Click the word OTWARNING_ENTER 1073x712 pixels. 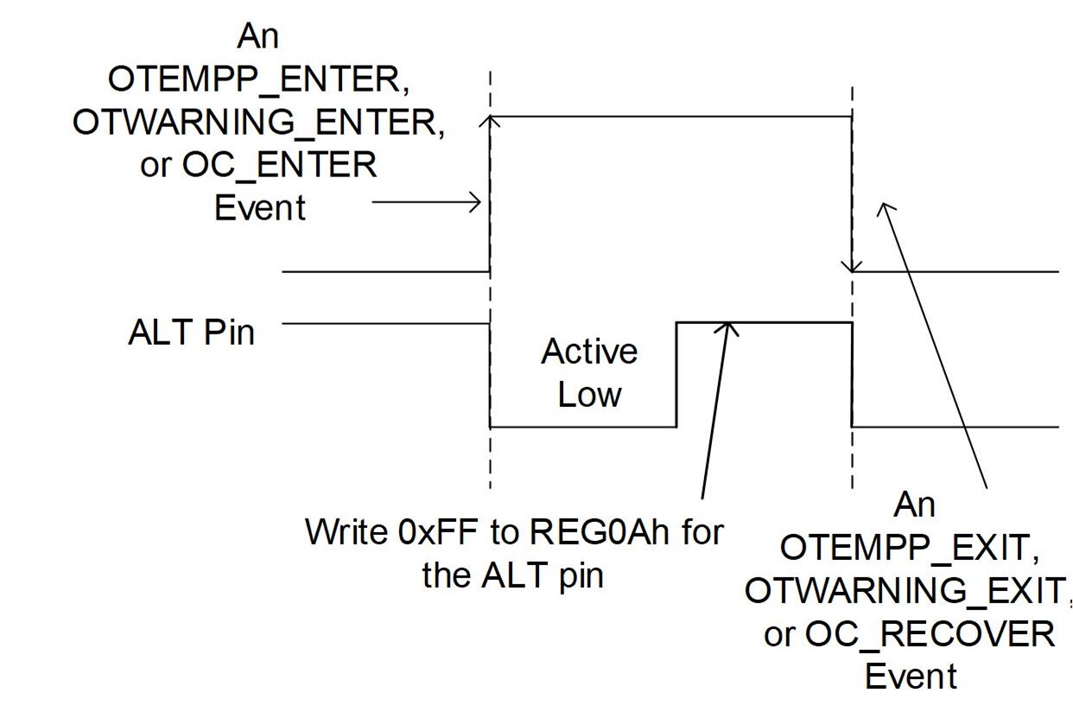[x=258, y=122]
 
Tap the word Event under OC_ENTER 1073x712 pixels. [x=259, y=207]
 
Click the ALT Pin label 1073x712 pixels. [x=191, y=332]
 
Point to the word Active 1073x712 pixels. [x=589, y=352]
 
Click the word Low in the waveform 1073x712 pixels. [x=589, y=395]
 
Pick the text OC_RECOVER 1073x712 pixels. [x=930, y=634]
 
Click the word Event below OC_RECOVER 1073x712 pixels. [x=911, y=677]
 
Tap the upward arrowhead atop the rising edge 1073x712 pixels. [x=491, y=122]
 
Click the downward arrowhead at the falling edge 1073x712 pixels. [x=853, y=265]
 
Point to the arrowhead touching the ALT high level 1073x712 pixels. [x=730, y=327]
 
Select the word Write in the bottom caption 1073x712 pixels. [x=346, y=532]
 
